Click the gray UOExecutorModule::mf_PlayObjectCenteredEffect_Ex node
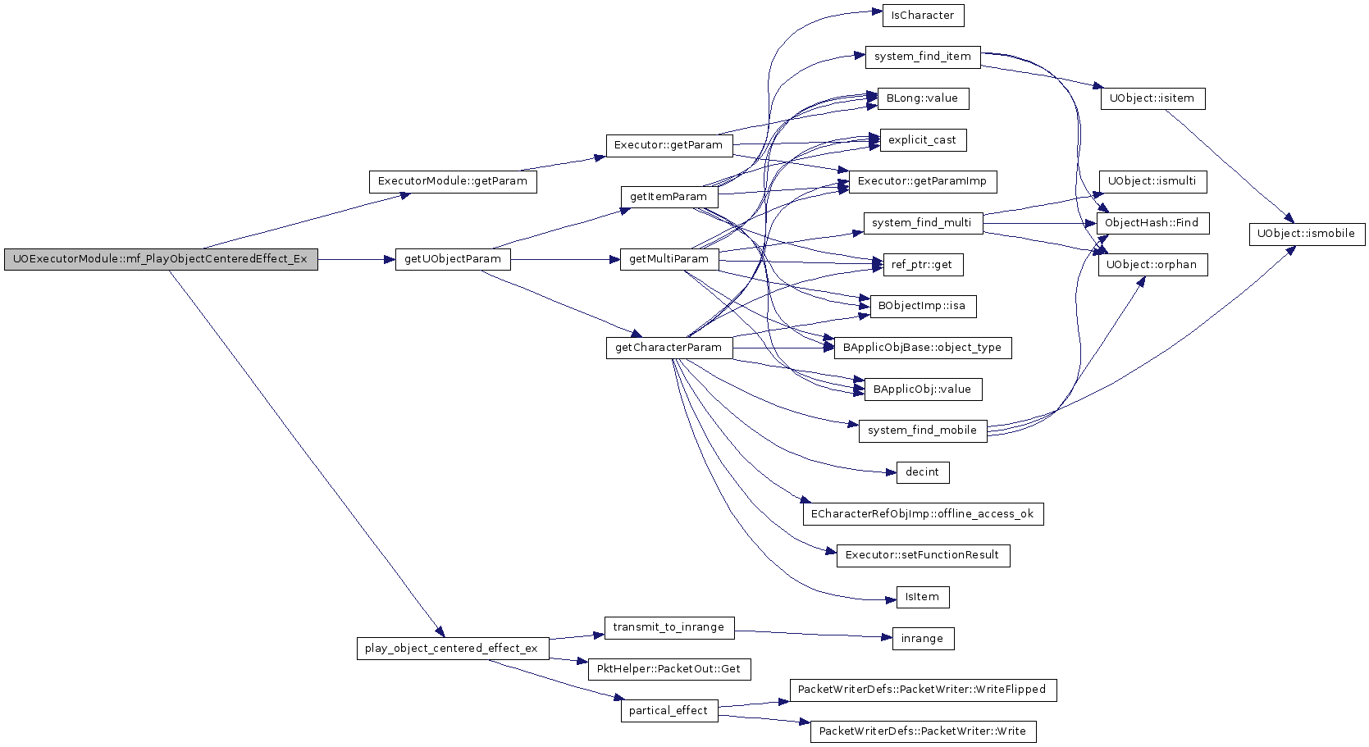161,259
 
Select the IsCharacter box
923,16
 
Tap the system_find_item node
923,57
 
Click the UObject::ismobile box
1307,234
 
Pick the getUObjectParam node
453,259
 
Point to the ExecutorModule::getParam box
453,181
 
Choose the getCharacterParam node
669,348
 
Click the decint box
923,472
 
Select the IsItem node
923,597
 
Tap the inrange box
923,639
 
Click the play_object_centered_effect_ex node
453,648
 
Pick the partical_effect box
669,711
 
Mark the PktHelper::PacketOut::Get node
669,669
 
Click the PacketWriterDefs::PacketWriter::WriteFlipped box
923,690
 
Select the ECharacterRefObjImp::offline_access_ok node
923,513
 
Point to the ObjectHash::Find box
1152,223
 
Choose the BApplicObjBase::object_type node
923,348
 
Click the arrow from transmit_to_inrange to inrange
814,635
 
